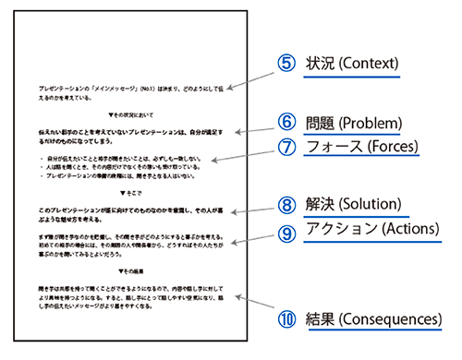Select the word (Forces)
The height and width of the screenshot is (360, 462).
tap(390, 146)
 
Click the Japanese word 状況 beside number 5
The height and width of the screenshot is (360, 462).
tap(318, 65)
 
